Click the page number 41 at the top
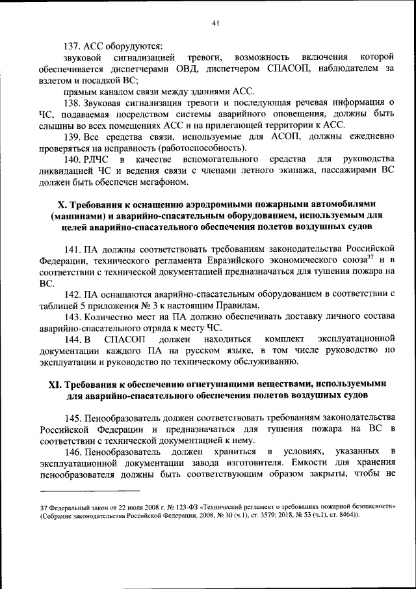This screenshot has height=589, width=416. pyautogui.click(x=216, y=24)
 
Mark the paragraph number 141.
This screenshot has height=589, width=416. pyautogui.click(x=72, y=250)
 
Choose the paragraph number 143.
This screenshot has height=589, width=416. pyautogui.click(x=72, y=317)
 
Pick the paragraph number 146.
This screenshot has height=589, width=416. pyautogui.click(x=72, y=452)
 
